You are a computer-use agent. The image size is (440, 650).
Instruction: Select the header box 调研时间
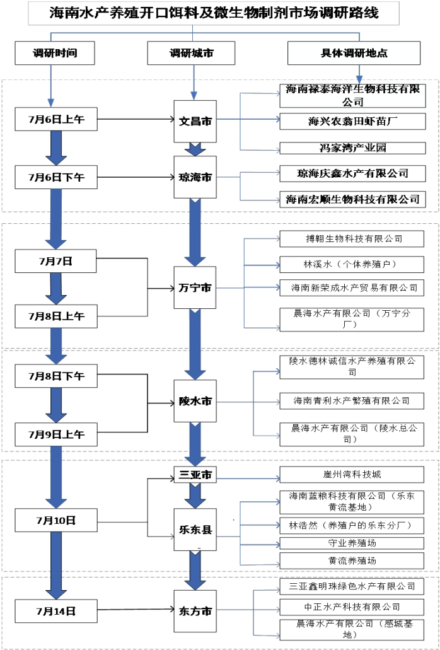click(55, 53)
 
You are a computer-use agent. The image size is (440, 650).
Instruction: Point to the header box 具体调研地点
click(354, 53)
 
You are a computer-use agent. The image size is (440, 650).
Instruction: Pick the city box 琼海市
click(195, 177)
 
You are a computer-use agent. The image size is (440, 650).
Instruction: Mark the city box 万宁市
click(195, 287)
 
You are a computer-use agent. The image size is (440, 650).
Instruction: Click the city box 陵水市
click(195, 401)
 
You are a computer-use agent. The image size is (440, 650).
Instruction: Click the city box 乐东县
click(195, 531)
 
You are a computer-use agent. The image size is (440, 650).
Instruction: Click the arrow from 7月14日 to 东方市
click(135, 610)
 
